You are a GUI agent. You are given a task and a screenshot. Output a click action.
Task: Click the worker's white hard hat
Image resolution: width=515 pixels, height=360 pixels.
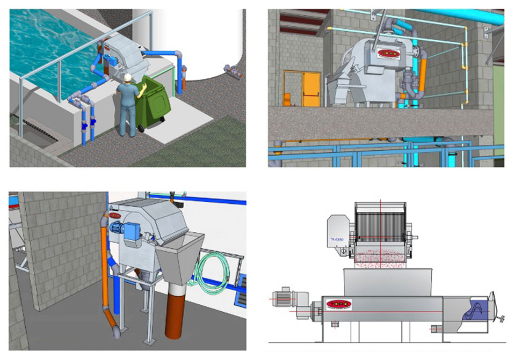[x=127, y=77]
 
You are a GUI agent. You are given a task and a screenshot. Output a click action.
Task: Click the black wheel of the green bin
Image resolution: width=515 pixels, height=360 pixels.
[x=142, y=128]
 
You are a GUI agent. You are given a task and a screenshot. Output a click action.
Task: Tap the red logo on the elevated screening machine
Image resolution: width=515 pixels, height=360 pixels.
[x=388, y=53]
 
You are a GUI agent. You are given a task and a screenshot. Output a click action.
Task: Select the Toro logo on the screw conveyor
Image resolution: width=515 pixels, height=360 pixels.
[x=338, y=304]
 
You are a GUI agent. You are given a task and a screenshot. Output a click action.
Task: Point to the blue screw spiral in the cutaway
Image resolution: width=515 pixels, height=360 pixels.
[x=476, y=311]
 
